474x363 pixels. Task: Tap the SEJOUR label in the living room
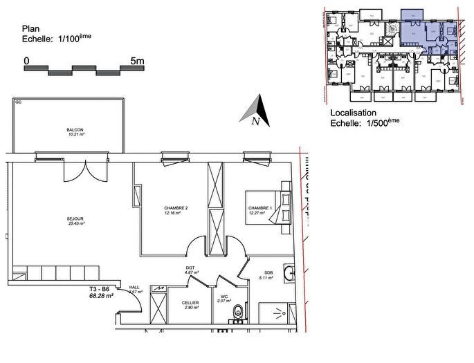75,218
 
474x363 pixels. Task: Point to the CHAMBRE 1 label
260,208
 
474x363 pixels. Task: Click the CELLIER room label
191,303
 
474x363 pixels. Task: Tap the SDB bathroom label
268,272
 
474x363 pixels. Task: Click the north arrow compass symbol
255,111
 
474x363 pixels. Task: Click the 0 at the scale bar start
26,61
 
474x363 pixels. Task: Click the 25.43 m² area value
75,223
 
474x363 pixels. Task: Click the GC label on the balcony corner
18,102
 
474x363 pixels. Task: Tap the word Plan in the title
31,29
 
